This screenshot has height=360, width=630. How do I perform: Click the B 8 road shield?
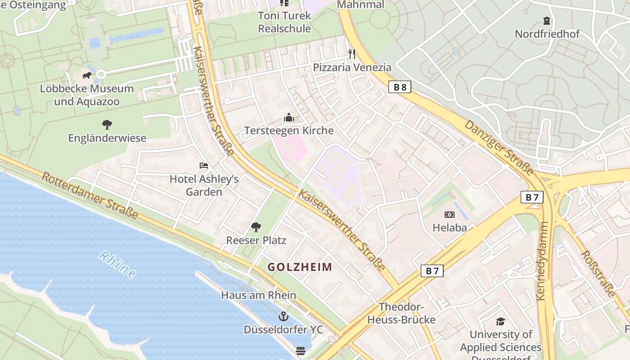tap(400, 87)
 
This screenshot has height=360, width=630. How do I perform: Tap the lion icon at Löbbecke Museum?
tap(87, 75)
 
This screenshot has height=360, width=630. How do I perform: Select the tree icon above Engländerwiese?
tap(107, 124)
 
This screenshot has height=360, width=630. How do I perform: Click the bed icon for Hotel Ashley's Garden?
tap(204, 166)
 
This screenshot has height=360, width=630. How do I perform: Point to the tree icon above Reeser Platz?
tap(256, 227)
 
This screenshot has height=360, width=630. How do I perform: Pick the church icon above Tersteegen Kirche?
tap(289, 118)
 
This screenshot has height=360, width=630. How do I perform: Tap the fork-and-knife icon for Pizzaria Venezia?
tap(352, 54)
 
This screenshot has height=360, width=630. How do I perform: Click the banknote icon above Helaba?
tap(450, 215)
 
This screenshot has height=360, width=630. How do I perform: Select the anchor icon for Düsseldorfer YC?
tap(283, 316)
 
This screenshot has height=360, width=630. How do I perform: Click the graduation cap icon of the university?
tap(500, 321)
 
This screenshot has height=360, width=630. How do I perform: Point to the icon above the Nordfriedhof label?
tap(547, 21)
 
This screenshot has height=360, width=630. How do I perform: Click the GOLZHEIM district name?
tap(300, 267)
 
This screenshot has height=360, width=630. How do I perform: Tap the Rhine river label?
tap(117, 264)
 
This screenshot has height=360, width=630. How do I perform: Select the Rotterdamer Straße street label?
tap(90, 195)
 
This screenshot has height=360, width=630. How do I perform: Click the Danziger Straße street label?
tap(499, 147)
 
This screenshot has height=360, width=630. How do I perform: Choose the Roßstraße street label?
tap(598, 274)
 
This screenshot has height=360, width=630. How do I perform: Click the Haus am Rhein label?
tap(258, 295)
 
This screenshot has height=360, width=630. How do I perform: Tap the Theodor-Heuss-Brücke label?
tap(401, 313)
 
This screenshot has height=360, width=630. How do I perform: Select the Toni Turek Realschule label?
tap(284, 22)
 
